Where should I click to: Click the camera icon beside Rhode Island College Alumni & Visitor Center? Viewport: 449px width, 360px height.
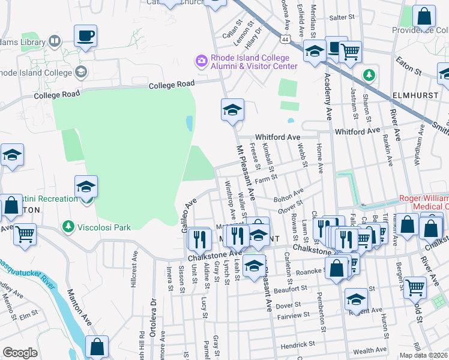[x=200, y=61]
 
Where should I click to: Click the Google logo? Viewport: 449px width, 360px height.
[x=20, y=352]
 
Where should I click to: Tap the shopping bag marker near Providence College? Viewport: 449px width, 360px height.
[x=424, y=18]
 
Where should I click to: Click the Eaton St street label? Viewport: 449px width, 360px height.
[x=409, y=66]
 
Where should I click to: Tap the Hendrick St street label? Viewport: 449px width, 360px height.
[x=298, y=344]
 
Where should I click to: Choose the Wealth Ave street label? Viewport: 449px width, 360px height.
[x=370, y=350]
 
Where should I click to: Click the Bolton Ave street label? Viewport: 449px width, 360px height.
[x=288, y=195]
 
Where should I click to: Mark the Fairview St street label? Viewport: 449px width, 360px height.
[x=293, y=314]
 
